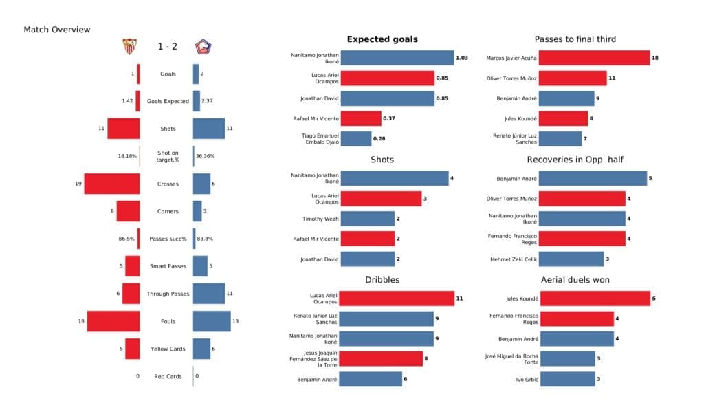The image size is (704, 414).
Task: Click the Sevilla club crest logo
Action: click(x=129, y=46)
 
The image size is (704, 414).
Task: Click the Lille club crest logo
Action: click(x=203, y=46)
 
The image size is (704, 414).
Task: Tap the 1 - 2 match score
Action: click(x=166, y=46)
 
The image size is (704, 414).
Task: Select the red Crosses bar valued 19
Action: click(x=112, y=184)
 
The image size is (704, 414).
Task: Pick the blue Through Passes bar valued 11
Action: click(x=209, y=294)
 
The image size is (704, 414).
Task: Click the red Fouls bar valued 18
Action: click(x=113, y=321)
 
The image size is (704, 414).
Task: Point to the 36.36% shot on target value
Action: click(x=205, y=156)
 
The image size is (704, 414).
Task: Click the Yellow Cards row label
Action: click(x=167, y=349)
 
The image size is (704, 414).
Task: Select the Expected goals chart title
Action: click(x=382, y=39)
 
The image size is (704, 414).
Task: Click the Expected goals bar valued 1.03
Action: click(x=397, y=58)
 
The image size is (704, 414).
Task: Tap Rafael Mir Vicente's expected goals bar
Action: click(x=360, y=118)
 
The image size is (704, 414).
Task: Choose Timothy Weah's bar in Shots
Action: click(x=367, y=219)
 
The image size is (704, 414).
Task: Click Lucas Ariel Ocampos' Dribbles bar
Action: click(x=397, y=298)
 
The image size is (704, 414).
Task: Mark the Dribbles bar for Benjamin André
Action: click(x=371, y=379)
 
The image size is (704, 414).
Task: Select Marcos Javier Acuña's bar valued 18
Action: click(x=594, y=58)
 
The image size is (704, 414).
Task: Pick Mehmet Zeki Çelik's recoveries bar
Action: click(x=571, y=259)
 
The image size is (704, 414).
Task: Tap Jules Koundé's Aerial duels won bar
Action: click(x=594, y=298)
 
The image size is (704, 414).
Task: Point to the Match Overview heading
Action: click(x=57, y=30)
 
